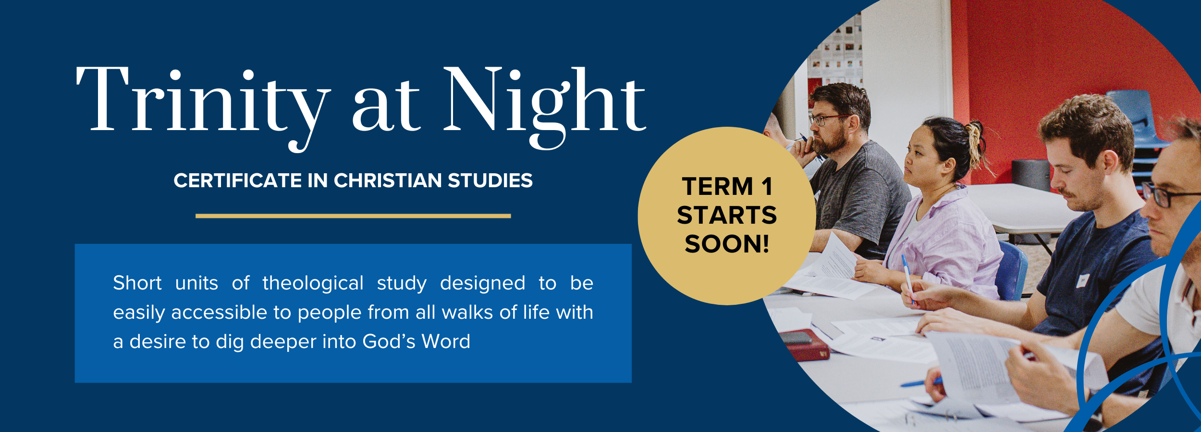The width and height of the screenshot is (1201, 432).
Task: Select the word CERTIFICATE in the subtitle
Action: coord(238,180)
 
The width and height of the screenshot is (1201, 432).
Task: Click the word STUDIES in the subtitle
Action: coord(490,180)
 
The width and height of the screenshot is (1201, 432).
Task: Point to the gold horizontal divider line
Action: coord(353,216)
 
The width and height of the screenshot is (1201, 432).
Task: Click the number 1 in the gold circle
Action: coord(767,187)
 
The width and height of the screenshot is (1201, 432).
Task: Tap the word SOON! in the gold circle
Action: coord(727,244)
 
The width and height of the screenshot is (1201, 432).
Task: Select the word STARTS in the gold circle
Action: coord(727,215)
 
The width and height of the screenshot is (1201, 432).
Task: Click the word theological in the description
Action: coord(313,283)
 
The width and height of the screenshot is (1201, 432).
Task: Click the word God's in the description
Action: coord(389,341)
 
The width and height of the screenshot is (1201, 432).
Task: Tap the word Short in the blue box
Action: coord(137,283)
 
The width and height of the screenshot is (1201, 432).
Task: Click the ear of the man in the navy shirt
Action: coord(1110,161)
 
